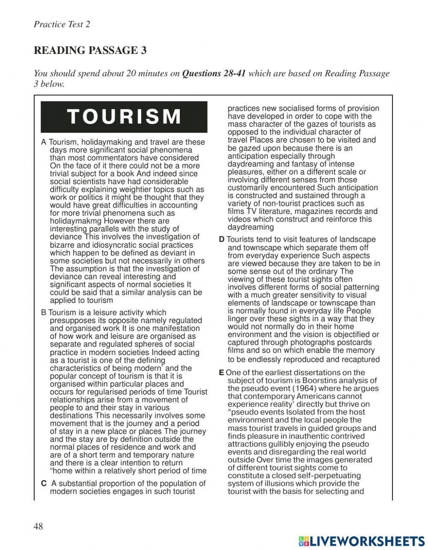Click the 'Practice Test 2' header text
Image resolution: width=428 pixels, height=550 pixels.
point(62,24)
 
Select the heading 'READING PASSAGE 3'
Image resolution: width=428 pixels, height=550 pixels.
point(90,50)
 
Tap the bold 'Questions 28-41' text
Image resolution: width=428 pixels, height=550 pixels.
point(214,73)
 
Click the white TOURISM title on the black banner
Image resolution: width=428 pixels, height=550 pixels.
point(125,117)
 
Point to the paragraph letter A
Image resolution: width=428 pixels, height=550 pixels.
point(44,142)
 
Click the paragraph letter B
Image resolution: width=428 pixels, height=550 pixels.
point(44,313)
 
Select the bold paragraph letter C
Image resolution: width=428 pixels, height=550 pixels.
point(44,483)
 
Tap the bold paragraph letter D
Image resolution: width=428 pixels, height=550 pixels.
point(221,240)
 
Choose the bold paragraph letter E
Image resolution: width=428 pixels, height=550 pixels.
point(221,373)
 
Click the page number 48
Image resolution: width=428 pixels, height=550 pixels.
point(39,526)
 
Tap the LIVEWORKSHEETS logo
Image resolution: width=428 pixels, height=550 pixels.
point(362,541)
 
